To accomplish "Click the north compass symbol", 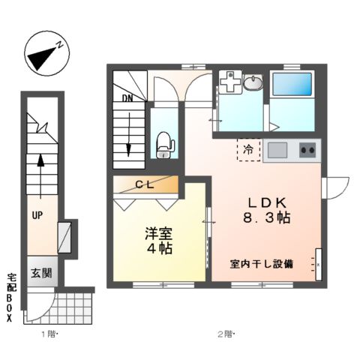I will click(x=44, y=52).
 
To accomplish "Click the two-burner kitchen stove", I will click(x=307, y=150).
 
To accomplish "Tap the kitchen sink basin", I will click(x=277, y=150).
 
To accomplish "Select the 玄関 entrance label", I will click(x=41, y=273).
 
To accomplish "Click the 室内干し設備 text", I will click(x=262, y=264).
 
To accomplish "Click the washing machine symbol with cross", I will click(x=229, y=85).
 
